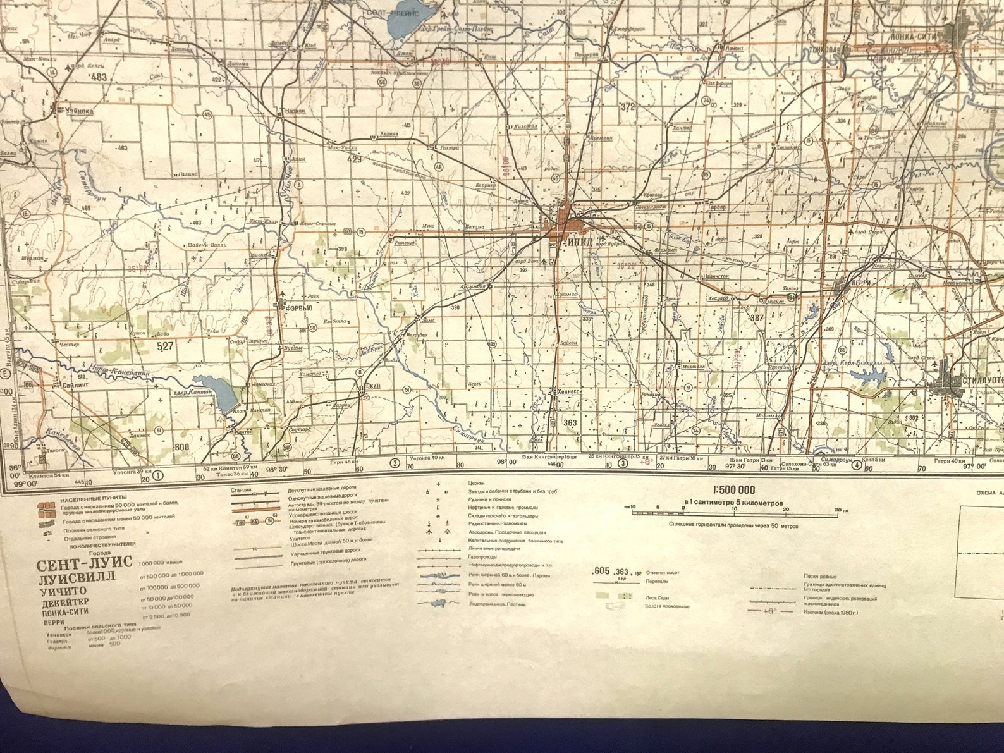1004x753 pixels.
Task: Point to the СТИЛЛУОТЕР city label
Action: (x=981, y=383)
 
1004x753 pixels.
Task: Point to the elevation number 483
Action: (x=99, y=77)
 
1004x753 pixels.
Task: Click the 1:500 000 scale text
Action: (x=733, y=490)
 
